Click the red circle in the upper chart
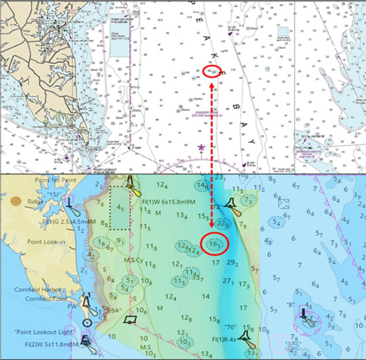[x=212, y=70]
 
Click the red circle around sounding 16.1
[x=215, y=244]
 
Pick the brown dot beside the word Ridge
[x=16, y=201]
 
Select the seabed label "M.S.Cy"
[x=133, y=260]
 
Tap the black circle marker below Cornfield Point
[x=87, y=322]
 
